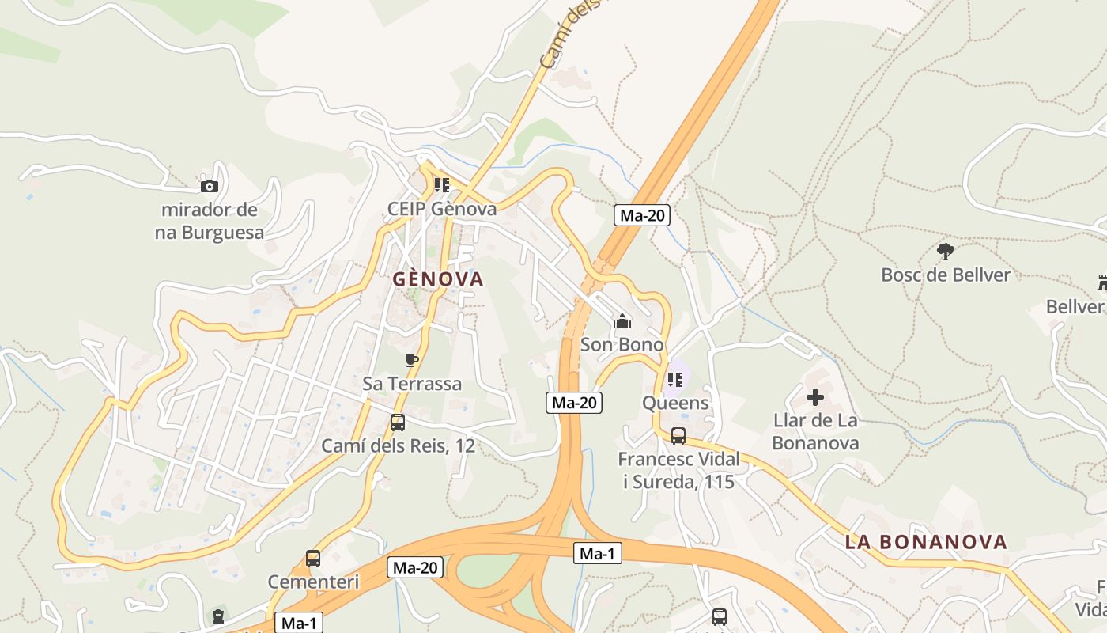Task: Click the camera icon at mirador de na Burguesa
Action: click(x=210, y=187)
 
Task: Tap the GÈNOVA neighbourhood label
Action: click(x=438, y=279)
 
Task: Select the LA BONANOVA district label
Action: click(x=926, y=542)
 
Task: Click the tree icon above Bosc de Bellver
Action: click(x=945, y=252)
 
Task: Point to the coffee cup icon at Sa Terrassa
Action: click(x=411, y=361)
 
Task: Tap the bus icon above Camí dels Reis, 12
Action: click(x=398, y=423)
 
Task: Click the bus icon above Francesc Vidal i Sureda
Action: click(x=678, y=436)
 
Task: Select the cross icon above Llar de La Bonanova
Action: click(x=815, y=397)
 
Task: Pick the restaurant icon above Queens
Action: click(x=674, y=380)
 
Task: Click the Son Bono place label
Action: click(x=622, y=345)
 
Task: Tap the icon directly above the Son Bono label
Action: click(x=622, y=322)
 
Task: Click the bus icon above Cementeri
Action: click(x=313, y=559)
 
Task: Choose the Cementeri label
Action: click(x=313, y=582)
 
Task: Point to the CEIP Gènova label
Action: click(x=442, y=209)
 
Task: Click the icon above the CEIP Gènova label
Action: click(x=442, y=185)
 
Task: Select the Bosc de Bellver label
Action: click(x=946, y=275)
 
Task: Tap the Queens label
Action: click(x=675, y=403)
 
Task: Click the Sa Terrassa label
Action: click(x=412, y=384)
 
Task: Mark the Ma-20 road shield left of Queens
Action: click(x=574, y=403)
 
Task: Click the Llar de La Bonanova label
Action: click(x=815, y=431)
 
